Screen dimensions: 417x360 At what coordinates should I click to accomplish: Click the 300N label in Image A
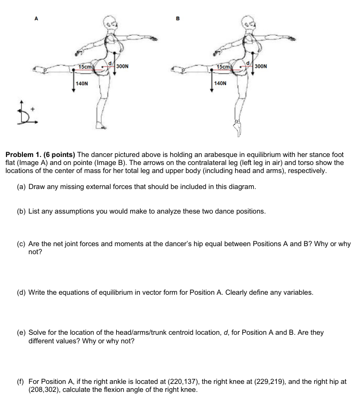point(122,67)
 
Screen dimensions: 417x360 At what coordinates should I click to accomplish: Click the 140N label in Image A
point(82,84)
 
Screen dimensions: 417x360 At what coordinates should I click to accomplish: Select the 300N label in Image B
point(262,67)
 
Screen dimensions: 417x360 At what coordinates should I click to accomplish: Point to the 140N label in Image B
point(220,84)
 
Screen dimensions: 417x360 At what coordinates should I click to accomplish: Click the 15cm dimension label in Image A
point(86,66)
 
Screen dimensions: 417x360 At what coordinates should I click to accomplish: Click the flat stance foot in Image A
point(101,127)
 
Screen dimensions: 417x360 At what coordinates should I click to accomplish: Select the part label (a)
point(22,187)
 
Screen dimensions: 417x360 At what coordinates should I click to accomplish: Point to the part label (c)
point(22,244)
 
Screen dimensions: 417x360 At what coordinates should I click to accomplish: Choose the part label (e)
point(22,333)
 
